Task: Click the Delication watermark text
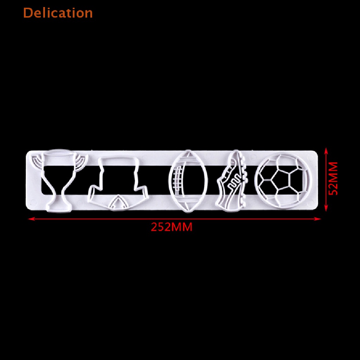point(58,13)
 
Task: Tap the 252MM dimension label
point(172,227)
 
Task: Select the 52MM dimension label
point(333,178)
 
